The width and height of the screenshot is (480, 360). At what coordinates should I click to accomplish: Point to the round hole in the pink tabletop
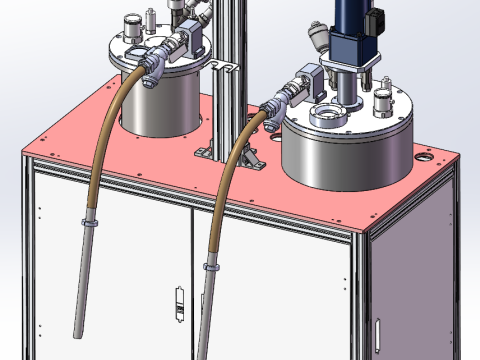(429, 158)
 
